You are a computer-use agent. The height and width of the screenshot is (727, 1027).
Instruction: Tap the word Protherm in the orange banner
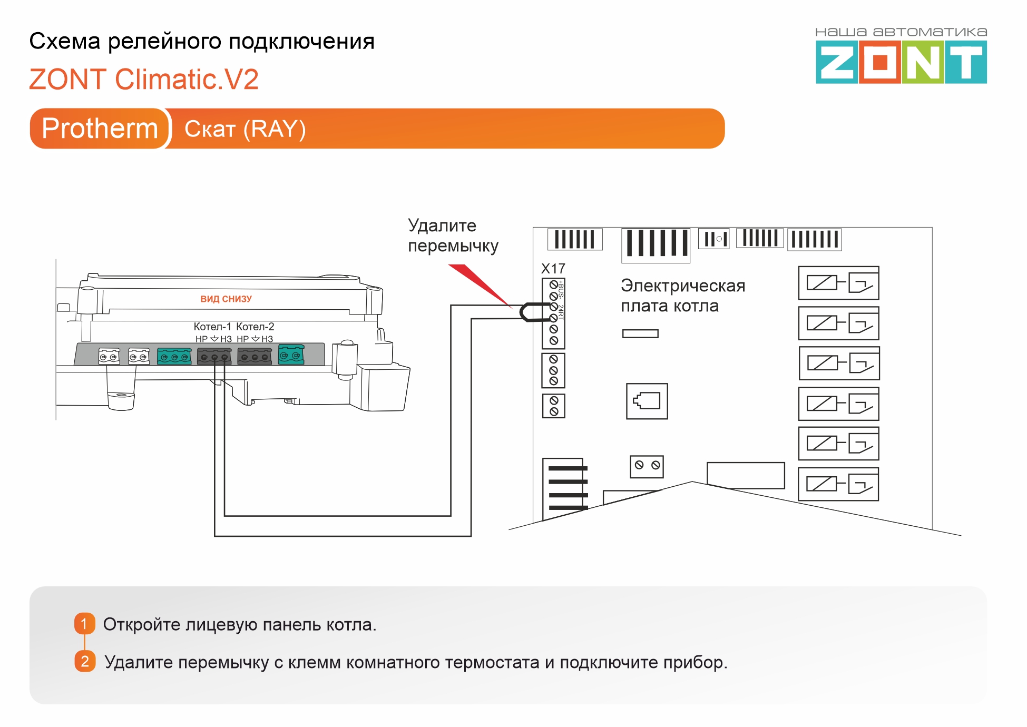(100, 129)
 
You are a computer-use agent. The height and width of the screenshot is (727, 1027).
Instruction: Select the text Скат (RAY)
(245, 129)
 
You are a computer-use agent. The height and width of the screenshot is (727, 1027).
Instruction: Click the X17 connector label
(553, 269)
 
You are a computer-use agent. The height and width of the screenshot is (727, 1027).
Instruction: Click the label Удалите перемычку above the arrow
(453, 235)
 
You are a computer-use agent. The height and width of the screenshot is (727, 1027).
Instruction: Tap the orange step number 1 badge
(84, 624)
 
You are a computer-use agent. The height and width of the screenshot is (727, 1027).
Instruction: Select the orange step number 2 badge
(85, 661)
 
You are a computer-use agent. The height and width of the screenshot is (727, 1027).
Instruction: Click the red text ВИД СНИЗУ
(226, 299)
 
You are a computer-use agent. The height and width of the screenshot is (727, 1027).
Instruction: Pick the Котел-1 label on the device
(212, 327)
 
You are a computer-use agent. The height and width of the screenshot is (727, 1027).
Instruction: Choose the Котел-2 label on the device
(255, 327)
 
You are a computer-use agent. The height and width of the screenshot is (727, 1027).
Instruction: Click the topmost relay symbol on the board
(838, 283)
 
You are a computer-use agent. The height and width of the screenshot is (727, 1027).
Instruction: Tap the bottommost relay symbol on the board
(838, 484)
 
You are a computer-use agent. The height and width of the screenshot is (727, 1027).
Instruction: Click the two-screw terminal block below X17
(553, 406)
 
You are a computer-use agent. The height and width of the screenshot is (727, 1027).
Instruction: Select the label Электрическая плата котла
(682, 296)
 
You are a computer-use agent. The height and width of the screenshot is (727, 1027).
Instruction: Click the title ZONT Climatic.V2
(144, 80)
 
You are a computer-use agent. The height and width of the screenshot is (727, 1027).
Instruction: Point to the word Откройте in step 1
(141, 624)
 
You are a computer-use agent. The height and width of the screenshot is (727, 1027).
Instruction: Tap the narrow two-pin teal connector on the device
(291, 355)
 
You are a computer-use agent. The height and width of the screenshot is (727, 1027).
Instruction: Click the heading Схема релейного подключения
(202, 41)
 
